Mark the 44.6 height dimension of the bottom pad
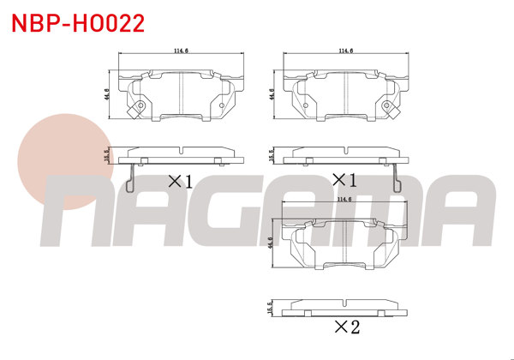point(272,243)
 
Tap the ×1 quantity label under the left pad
point(179,181)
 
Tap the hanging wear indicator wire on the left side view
point(129,177)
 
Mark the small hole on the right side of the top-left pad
point(222,106)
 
